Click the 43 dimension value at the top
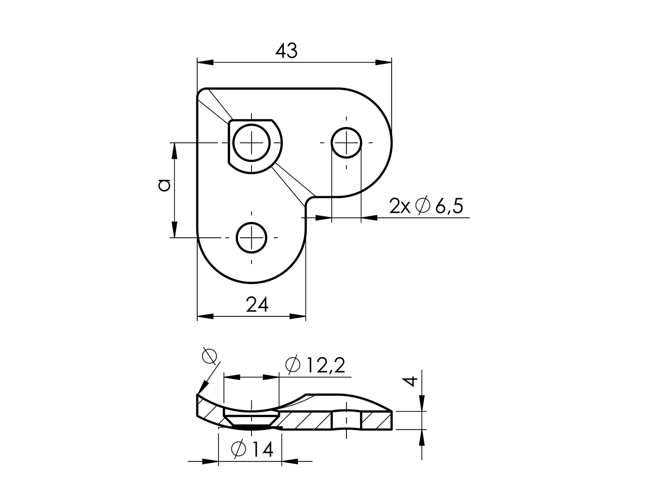[x=286, y=51]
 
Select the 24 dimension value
[x=257, y=305]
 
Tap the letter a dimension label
[x=164, y=186]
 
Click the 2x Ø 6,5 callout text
[x=426, y=207]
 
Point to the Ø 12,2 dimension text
[x=315, y=365]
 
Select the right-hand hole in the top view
[x=346, y=143]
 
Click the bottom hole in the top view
[x=251, y=238]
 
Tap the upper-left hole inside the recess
[x=251, y=143]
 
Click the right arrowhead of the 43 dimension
[x=383, y=62]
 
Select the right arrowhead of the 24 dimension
[x=298, y=317]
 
